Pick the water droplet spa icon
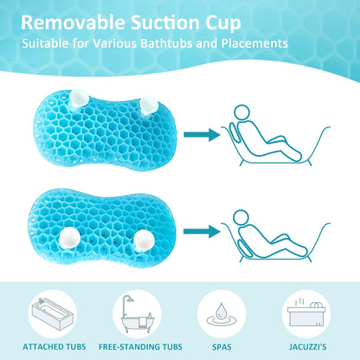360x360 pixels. tap(220, 309)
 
